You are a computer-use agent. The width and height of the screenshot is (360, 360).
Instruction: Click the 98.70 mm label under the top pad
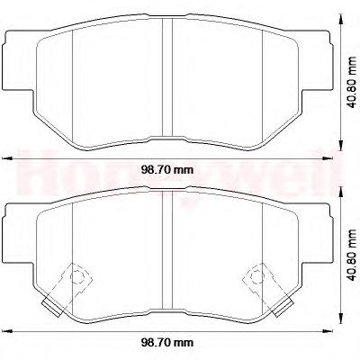[x=167, y=170]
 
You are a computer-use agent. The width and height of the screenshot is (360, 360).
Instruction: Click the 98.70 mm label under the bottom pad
[x=167, y=342]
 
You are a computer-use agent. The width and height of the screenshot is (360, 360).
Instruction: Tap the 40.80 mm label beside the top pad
[x=351, y=82]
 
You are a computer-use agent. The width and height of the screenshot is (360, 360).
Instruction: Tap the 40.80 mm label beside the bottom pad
[x=351, y=255]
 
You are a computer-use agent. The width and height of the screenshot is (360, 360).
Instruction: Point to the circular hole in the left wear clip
[x=77, y=276]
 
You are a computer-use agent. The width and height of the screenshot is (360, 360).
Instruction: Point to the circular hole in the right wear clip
[x=256, y=276]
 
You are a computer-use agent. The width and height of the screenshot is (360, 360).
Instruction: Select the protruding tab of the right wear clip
[x=283, y=308]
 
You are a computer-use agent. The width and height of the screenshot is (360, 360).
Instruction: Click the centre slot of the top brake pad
[x=167, y=77]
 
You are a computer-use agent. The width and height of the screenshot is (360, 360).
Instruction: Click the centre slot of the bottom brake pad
[x=167, y=250]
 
